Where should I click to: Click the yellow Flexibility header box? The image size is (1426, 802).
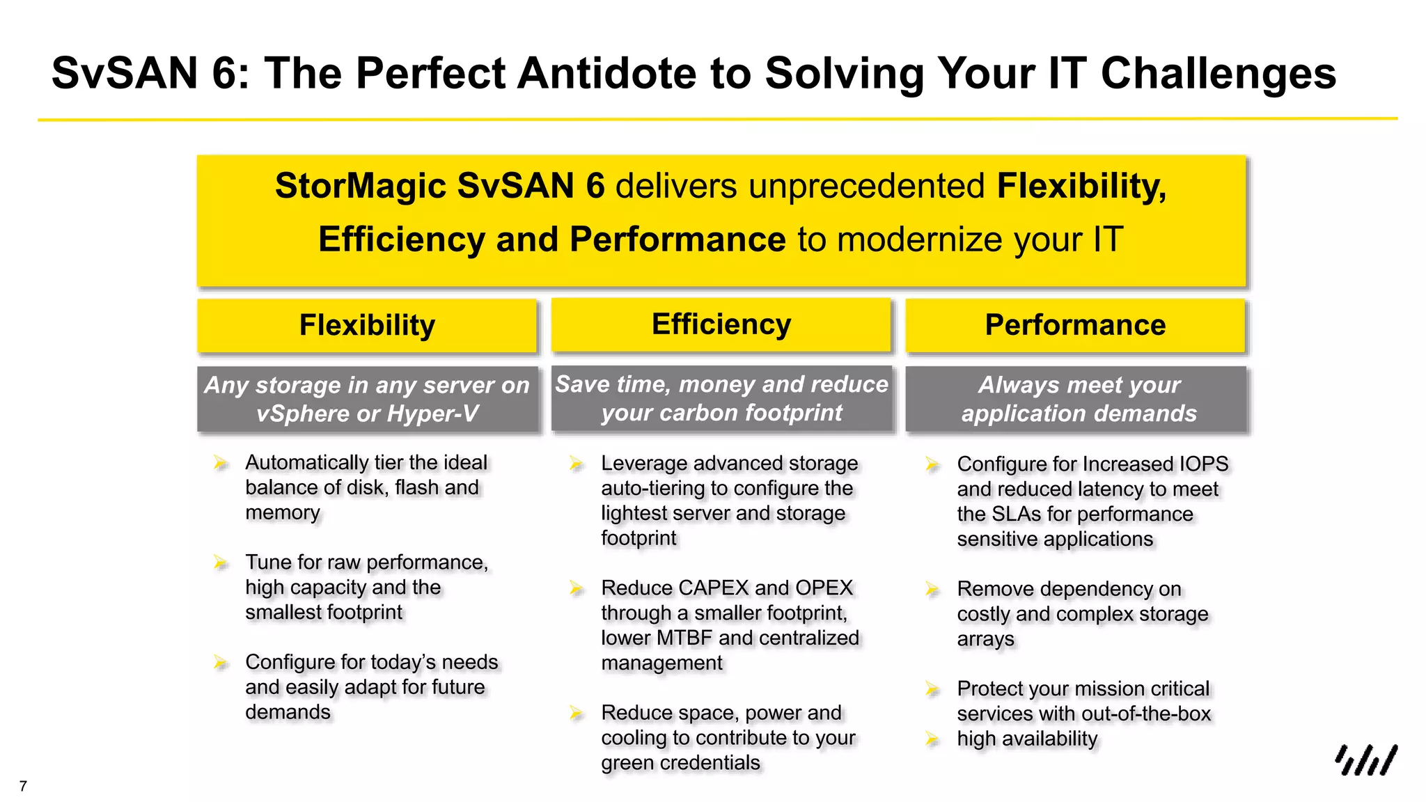(x=367, y=325)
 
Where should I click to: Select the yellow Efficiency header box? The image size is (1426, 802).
(x=721, y=324)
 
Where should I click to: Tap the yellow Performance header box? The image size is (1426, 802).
(x=1074, y=325)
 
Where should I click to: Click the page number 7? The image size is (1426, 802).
(x=23, y=787)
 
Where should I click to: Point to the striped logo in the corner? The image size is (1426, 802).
(x=1365, y=760)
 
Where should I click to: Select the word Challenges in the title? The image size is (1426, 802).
(x=1218, y=73)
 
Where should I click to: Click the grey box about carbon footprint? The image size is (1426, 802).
(x=721, y=399)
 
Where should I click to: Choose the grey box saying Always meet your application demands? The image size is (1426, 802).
(x=1078, y=399)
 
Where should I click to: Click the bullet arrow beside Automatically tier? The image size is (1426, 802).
(x=221, y=462)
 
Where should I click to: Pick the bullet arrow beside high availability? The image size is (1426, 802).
(x=932, y=739)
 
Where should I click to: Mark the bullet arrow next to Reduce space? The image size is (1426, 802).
(x=576, y=713)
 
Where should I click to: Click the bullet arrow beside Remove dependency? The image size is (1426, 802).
(x=932, y=589)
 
